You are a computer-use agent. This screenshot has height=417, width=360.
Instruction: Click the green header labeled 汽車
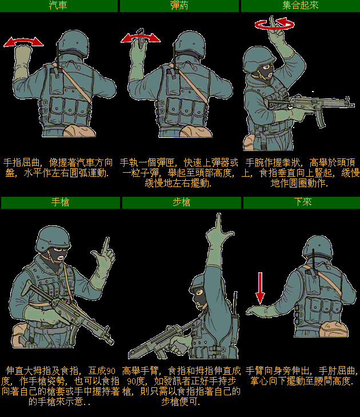pyautogui.click(x=59, y=6)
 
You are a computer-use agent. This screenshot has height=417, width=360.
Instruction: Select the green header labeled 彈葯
pyautogui.click(x=179, y=6)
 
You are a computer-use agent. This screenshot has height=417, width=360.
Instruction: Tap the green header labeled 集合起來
pyautogui.click(x=300, y=6)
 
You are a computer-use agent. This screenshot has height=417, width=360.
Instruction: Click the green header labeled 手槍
pyautogui.click(x=60, y=202)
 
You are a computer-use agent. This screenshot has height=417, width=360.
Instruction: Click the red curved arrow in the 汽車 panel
pyautogui.click(x=23, y=41)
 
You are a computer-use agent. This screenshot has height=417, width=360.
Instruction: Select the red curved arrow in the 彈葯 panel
pyautogui.click(x=141, y=38)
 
